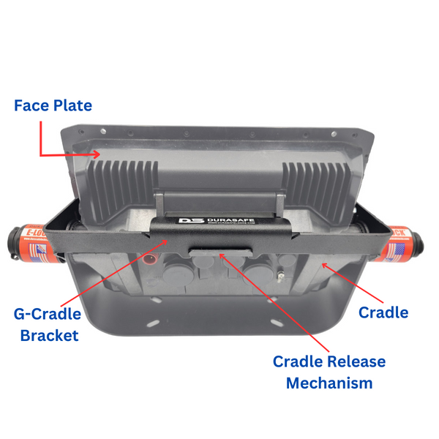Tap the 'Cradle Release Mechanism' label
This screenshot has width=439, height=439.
click(x=329, y=372)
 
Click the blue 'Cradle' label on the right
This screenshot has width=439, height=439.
click(x=383, y=312)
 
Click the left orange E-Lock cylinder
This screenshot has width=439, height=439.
click(x=40, y=242)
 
